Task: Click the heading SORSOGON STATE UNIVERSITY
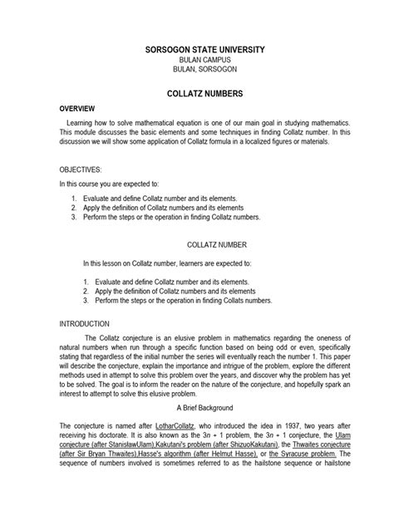click(196, 51)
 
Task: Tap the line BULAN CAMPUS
click(196, 62)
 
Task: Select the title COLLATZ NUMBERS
click(196, 96)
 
